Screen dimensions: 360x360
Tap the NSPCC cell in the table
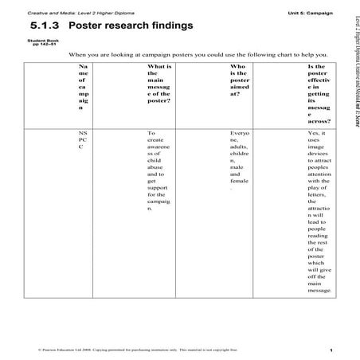(x=84, y=140)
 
